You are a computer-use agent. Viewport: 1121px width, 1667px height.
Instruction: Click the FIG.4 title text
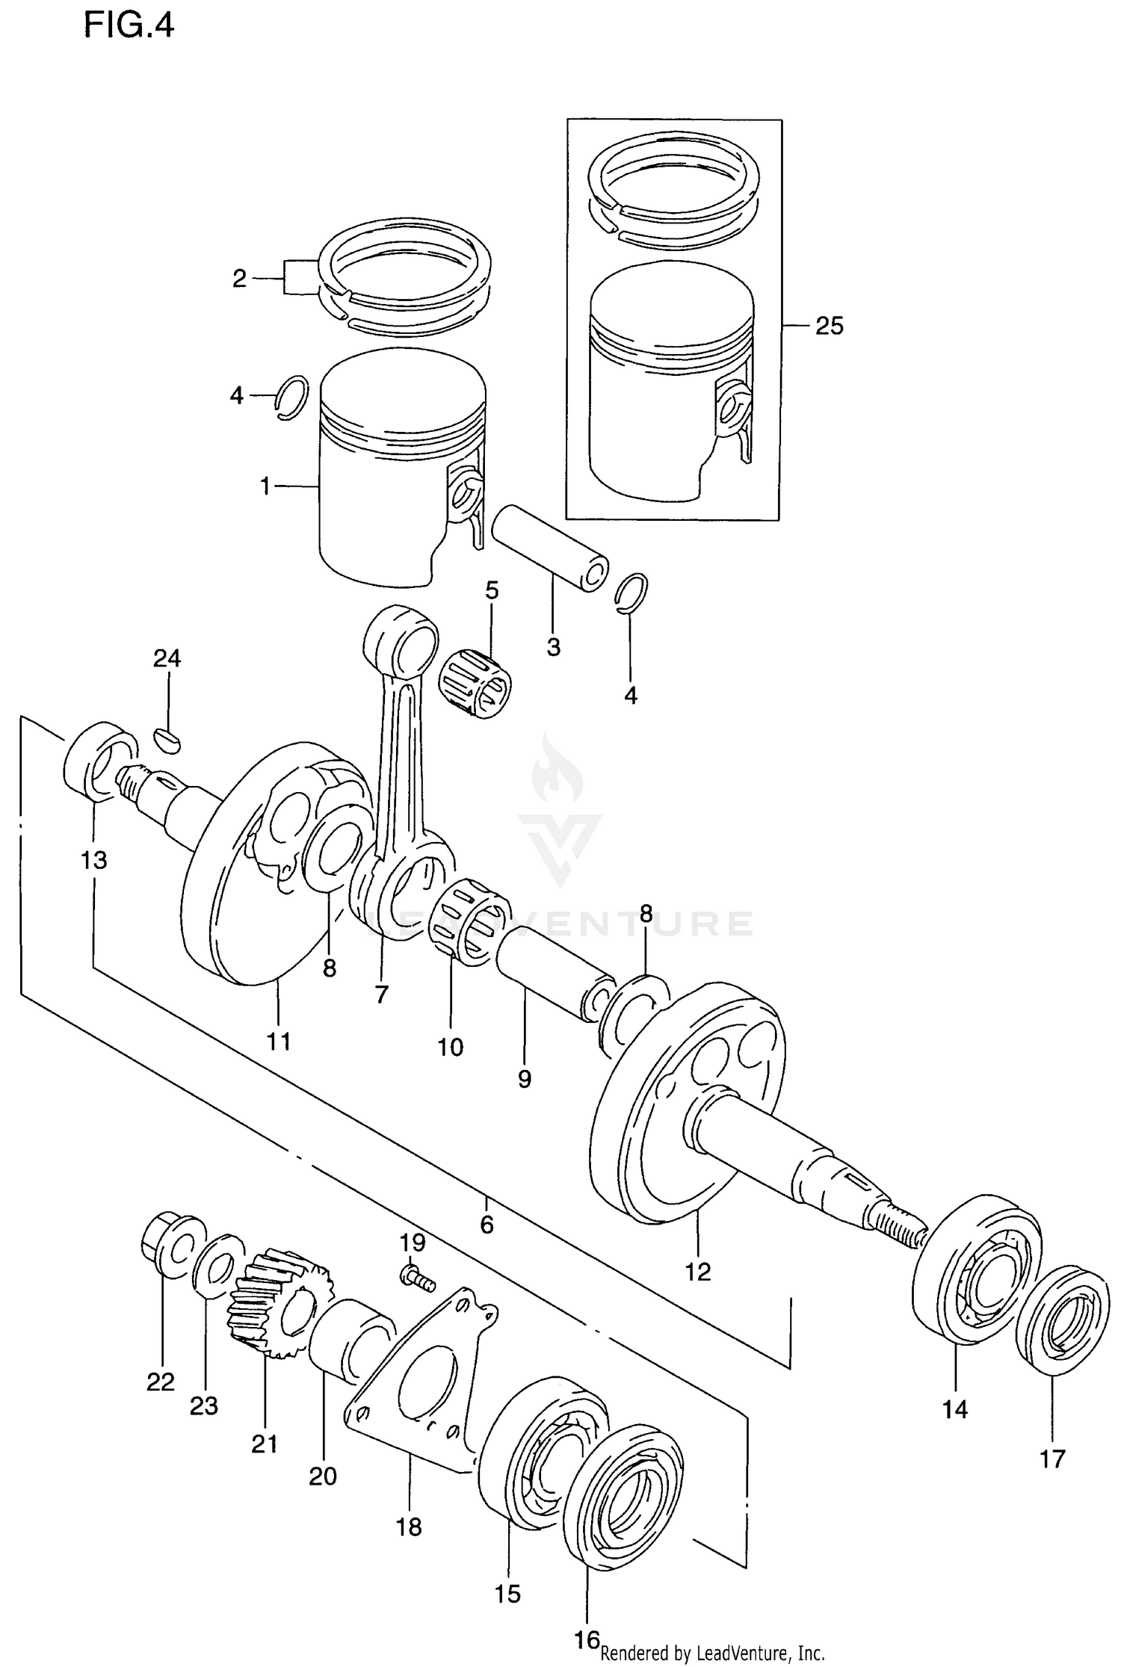click(129, 26)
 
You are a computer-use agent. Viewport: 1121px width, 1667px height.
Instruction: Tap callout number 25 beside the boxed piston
click(829, 326)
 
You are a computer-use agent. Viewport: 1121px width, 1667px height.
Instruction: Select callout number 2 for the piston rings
click(239, 279)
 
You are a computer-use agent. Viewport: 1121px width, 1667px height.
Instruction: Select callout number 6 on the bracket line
click(487, 1224)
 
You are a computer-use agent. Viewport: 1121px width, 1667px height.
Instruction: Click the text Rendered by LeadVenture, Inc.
click(711, 1653)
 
